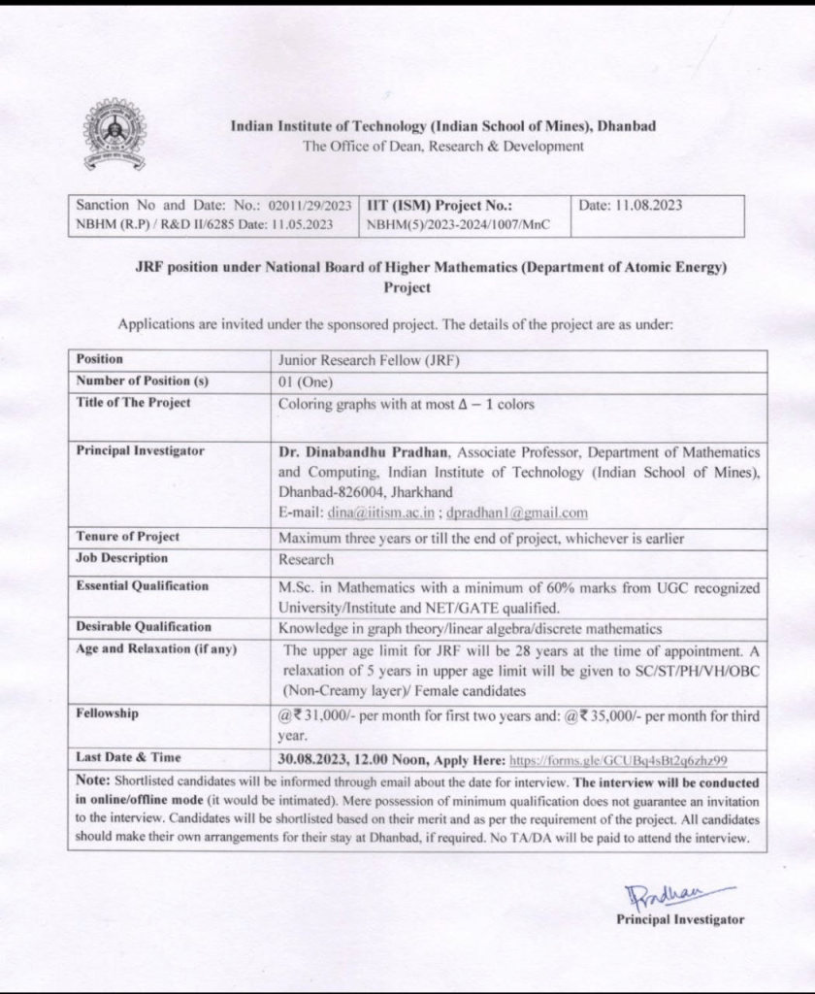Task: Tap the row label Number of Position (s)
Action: pyautogui.click(x=142, y=381)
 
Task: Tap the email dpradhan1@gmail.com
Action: pyautogui.click(x=517, y=513)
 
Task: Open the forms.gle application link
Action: pyautogui.click(x=618, y=760)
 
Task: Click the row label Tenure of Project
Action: pyautogui.click(x=128, y=537)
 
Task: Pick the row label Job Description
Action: pyautogui.click(x=122, y=558)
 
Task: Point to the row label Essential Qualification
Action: pyautogui.click(x=143, y=586)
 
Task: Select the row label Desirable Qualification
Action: pyautogui.click(x=144, y=628)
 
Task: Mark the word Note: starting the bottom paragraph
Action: pyautogui.click(x=93, y=780)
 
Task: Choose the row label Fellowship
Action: pyautogui.click(x=108, y=714)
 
